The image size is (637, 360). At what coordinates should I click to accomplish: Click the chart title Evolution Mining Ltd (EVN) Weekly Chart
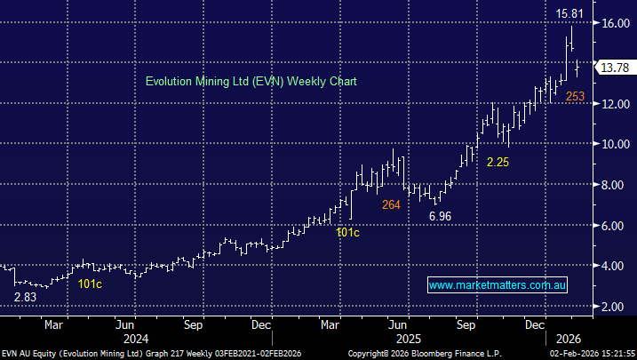251,81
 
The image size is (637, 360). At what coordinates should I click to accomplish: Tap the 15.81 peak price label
570,13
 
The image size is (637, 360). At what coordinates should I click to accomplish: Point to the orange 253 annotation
576,96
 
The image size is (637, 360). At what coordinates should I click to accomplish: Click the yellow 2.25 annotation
498,162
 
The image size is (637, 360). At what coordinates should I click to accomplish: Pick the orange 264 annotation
391,204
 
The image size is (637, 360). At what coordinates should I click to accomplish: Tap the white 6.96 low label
441,216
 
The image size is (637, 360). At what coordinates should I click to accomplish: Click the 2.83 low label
26,297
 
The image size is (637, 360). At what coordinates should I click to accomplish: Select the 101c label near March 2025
347,232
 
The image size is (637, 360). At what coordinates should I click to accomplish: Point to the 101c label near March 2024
90,284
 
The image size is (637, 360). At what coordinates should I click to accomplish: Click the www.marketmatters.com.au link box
498,285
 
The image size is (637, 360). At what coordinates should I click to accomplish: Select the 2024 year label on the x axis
135,339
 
